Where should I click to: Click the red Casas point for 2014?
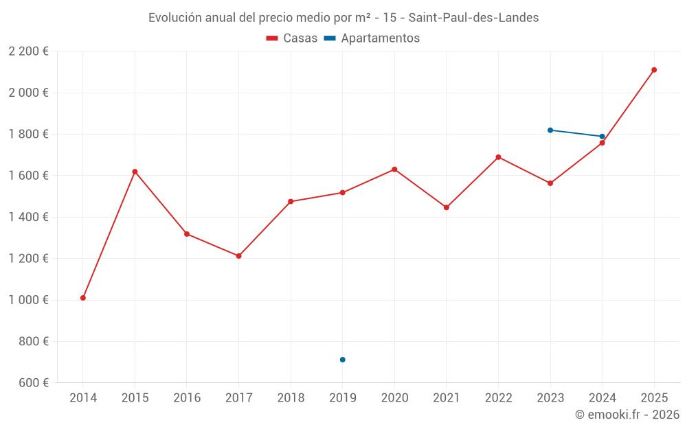(x=83, y=298)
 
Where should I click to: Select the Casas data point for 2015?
(x=135, y=172)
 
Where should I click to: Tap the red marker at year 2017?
(x=238, y=256)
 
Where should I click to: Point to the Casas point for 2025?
(x=654, y=70)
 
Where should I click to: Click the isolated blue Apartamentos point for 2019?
(x=343, y=360)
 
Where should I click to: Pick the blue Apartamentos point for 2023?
(x=550, y=130)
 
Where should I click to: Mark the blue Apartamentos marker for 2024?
(x=602, y=137)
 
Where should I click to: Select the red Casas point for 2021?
(x=447, y=207)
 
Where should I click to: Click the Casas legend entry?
(x=292, y=38)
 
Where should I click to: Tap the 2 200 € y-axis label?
(x=28, y=51)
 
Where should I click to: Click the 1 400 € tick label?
(x=28, y=217)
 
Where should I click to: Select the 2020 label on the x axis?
(x=394, y=398)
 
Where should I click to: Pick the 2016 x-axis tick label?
(x=187, y=398)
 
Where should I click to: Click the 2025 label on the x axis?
(x=654, y=398)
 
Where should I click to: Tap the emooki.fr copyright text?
(x=627, y=415)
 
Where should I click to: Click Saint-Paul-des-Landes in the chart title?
(x=473, y=18)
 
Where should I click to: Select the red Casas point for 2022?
(x=498, y=157)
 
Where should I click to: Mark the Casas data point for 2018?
(x=291, y=202)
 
